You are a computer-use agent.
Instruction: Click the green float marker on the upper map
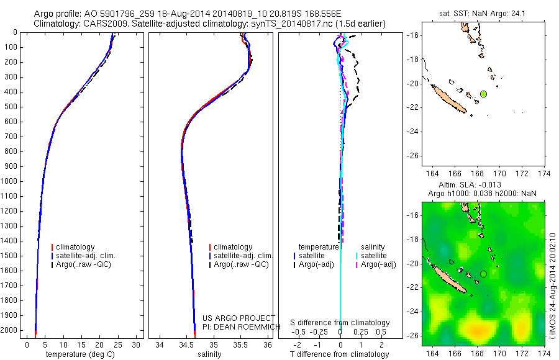(x=483, y=94)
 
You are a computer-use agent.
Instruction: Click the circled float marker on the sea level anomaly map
(x=483, y=274)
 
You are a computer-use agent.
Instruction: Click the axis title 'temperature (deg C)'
(x=80, y=354)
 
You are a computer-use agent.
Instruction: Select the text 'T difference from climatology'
(x=340, y=354)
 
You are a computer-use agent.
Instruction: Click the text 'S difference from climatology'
(x=340, y=323)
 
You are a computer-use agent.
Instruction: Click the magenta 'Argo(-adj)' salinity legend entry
(x=378, y=264)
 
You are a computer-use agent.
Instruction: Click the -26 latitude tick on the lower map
(x=411, y=335)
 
